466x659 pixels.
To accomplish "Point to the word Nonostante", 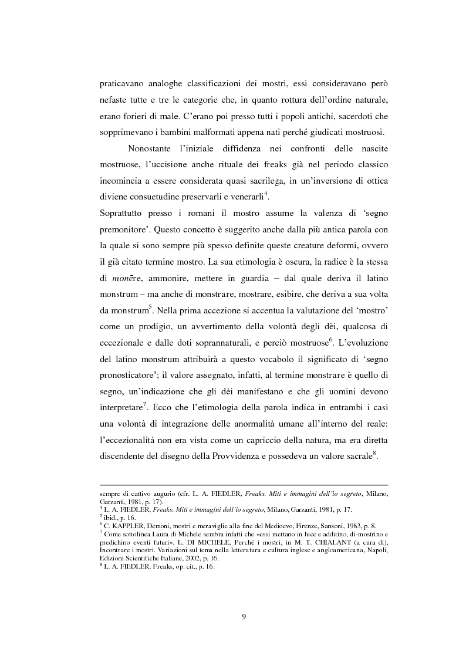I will [x=163, y=147].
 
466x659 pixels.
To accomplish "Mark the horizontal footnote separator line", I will [x=244, y=485].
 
